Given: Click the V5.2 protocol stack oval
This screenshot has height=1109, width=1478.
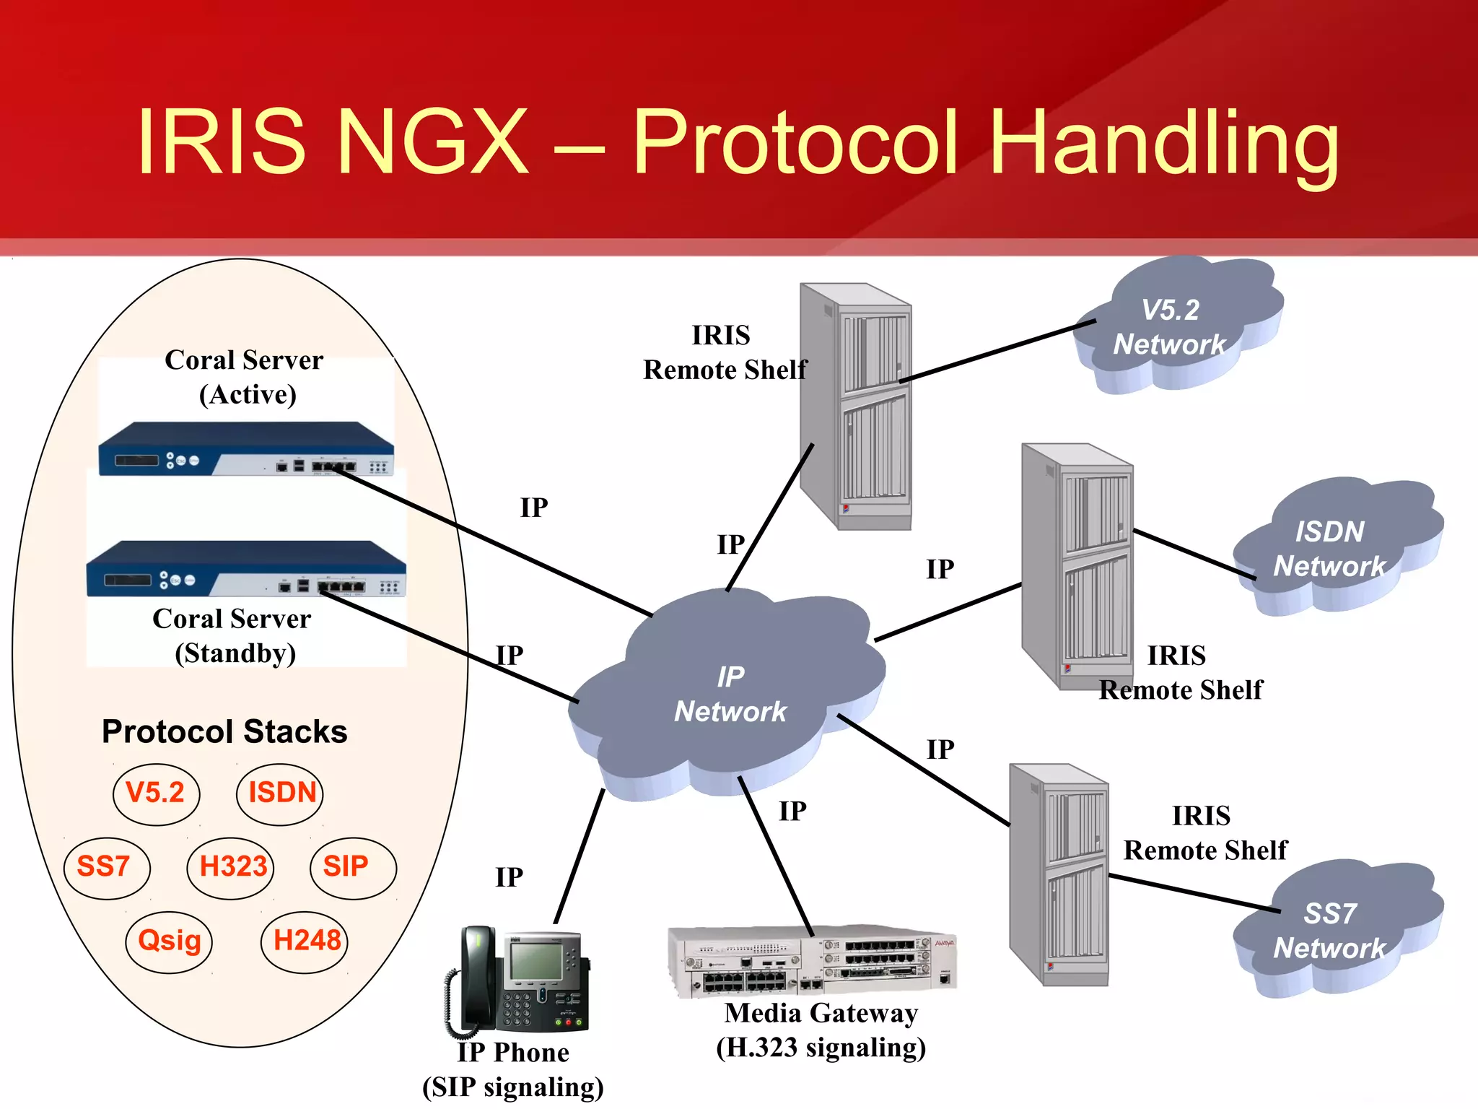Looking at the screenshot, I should click(156, 793).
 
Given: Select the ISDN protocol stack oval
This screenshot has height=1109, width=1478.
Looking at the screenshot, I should click(280, 793).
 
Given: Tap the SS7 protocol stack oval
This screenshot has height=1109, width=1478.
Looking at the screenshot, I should click(106, 867).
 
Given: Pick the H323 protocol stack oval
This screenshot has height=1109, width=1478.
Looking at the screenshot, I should click(231, 867).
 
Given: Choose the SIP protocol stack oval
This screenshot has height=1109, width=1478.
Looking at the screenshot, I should click(353, 867).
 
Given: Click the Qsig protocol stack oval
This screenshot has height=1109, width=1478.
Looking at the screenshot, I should click(169, 941).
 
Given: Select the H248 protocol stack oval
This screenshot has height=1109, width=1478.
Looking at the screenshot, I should click(305, 941).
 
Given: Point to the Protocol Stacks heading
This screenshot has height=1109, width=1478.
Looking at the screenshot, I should click(224, 731).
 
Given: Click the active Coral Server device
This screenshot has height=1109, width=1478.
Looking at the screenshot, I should click(246, 449).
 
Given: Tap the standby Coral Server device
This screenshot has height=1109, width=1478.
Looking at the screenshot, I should click(246, 569).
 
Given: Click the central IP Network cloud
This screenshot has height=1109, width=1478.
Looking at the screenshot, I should click(729, 693).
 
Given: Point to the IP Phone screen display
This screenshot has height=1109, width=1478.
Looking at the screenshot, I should click(535, 963).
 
